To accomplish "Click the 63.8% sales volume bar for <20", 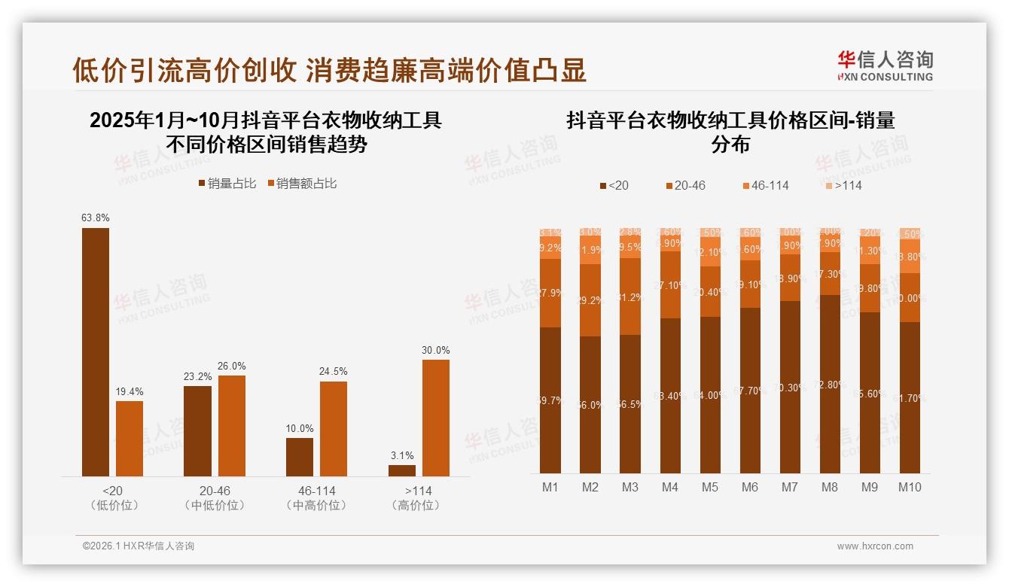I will (x=96, y=351).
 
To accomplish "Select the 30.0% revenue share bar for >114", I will (x=435, y=418).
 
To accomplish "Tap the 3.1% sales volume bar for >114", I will (x=402, y=470).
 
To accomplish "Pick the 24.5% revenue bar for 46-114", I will (x=334, y=428).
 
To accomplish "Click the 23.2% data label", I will (x=197, y=377).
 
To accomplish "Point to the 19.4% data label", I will (x=130, y=392).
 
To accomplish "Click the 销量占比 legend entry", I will (x=227, y=184).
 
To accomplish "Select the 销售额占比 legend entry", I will (x=302, y=184).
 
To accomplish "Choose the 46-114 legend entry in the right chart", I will (x=765, y=185).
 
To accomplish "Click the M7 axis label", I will (x=789, y=488).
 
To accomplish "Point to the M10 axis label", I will (x=910, y=488).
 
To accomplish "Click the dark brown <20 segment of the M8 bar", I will (x=829, y=384).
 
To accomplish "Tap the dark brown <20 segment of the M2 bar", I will (x=590, y=404).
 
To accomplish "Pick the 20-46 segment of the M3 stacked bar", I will (x=630, y=297).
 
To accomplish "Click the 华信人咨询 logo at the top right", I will (x=885, y=65).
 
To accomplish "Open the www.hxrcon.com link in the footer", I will (x=875, y=546).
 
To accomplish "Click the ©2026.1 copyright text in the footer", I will (x=139, y=546).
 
